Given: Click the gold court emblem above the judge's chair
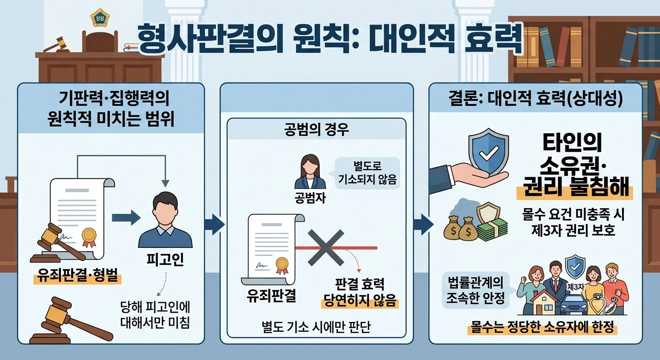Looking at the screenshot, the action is tap(99, 18).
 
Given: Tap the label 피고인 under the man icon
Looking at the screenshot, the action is tap(165, 259).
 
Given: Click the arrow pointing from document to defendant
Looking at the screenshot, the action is tap(126, 218).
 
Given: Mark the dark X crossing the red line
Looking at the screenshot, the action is tap(326, 248).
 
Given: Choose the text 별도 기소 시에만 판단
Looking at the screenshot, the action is tap(316, 327).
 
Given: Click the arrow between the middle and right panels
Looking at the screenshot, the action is tap(423, 225).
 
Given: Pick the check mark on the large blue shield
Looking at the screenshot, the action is tap(488, 153).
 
